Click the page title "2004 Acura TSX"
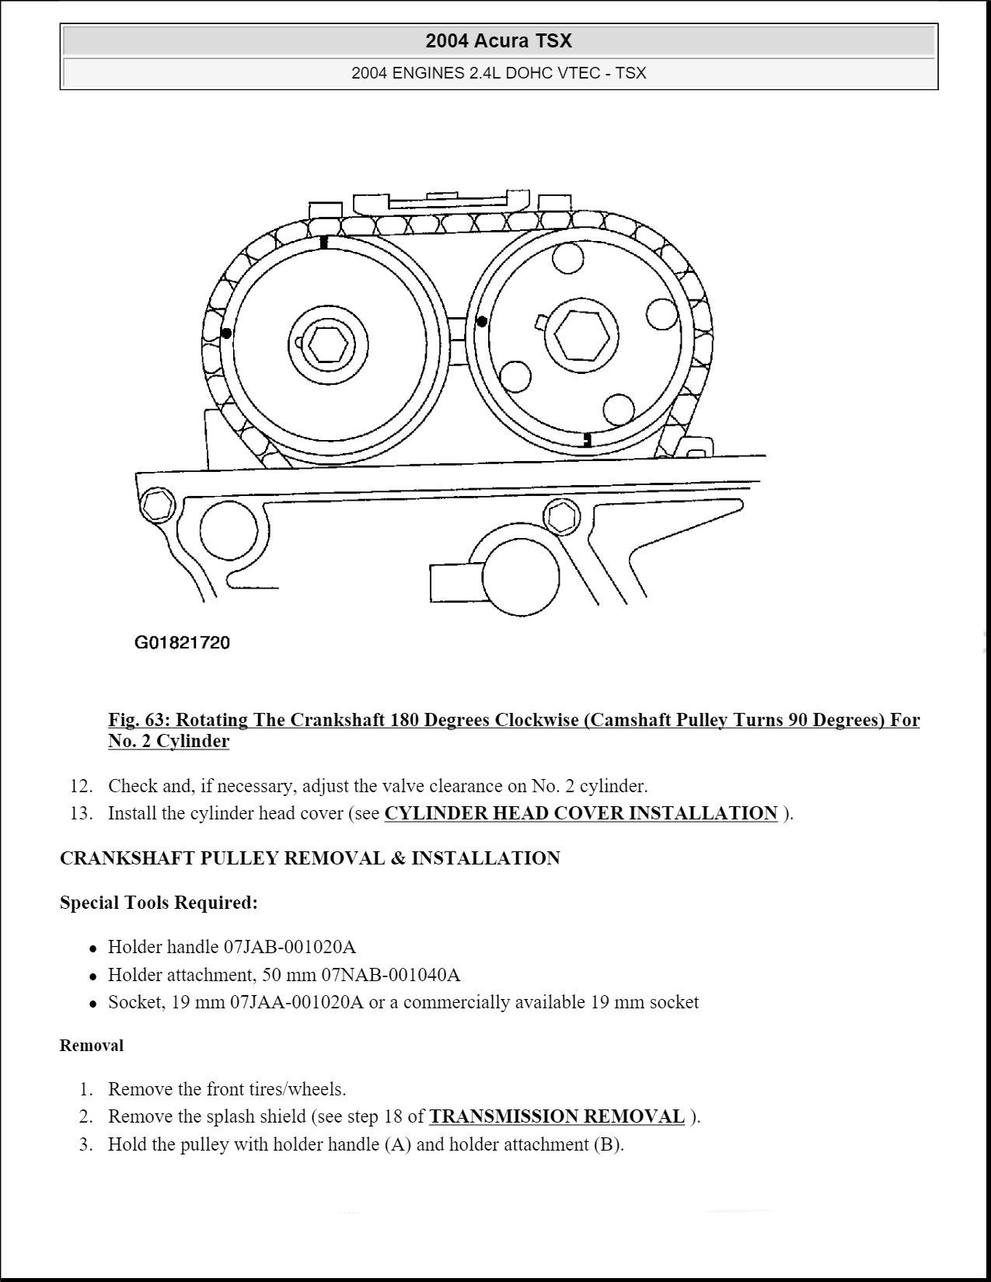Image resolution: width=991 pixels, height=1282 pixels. (x=498, y=40)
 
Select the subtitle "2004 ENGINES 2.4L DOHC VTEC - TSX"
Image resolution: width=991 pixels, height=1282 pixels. (x=498, y=73)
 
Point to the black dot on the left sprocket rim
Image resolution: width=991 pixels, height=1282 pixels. (x=226, y=334)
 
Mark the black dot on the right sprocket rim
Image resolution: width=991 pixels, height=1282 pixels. (x=482, y=321)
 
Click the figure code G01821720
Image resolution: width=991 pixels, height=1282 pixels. (x=182, y=643)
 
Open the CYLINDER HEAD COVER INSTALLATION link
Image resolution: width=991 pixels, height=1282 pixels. (x=581, y=813)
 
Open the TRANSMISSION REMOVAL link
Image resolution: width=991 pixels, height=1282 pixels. (x=557, y=1116)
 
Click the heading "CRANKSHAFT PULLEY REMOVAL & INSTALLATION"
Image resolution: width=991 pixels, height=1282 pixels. (x=309, y=858)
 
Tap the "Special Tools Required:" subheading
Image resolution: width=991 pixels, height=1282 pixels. (x=159, y=903)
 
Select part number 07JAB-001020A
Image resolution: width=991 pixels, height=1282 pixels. (x=290, y=947)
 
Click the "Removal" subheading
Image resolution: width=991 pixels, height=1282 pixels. (x=92, y=1046)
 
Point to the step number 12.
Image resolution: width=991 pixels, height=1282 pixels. (x=81, y=786)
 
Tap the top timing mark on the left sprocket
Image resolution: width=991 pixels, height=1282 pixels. (x=324, y=242)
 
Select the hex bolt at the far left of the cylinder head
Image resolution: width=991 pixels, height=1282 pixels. (x=158, y=505)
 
